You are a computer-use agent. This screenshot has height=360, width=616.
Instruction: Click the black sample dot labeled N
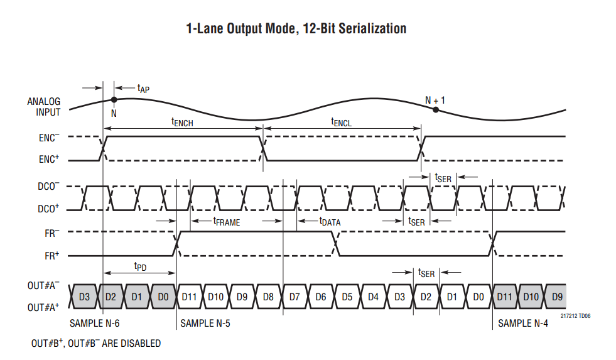coord(114,99)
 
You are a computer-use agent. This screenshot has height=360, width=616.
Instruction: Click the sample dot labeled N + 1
coord(435,110)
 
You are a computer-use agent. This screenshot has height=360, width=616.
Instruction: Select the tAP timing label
coord(143,89)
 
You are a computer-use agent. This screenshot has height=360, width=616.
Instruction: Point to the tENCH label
coord(182,123)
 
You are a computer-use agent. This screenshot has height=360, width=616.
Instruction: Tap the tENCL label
coord(342,123)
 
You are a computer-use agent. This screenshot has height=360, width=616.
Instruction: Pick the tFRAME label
coord(227,221)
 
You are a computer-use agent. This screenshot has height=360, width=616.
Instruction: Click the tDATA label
coord(330,221)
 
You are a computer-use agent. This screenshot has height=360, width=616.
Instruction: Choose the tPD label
coord(140,266)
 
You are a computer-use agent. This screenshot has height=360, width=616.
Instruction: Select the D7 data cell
coord(295,295)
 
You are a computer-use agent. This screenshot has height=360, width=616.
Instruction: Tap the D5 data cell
coord(347,295)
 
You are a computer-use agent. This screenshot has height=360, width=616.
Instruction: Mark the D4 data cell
coord(374,295)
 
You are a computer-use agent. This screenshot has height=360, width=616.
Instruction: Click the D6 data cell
coord(321,295)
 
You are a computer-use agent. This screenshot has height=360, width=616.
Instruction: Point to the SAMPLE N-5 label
coord(206,324)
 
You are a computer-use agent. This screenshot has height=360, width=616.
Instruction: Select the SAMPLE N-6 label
coord(95,324)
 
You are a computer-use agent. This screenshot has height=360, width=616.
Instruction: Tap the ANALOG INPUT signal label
coord(44,107)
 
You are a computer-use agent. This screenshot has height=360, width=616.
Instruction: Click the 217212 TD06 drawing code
coord(575,315)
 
